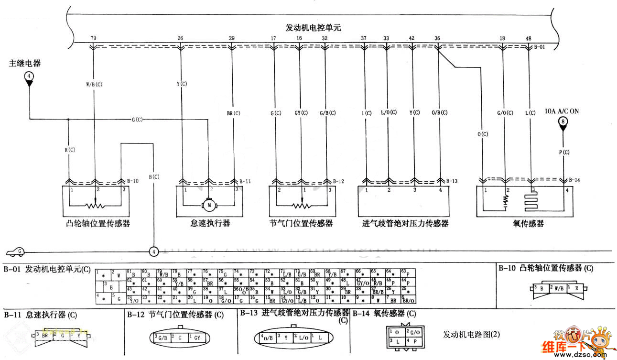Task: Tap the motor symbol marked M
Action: [x=209, y=205]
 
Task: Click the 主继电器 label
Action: [x=24, y=63]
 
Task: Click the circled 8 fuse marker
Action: [x=563, y=122]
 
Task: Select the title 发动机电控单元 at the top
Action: [x=313, y=28]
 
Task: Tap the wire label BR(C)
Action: [x=233, y=113]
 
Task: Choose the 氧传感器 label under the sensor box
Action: [x=530, y=223]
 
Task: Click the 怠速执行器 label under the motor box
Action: [x=210, y=223]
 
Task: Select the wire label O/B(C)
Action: [x=439, y=113]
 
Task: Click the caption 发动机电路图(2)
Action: [x=471, y=334]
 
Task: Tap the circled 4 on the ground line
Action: [x=153, y=251]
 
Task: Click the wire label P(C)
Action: [x=564, y=153]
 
